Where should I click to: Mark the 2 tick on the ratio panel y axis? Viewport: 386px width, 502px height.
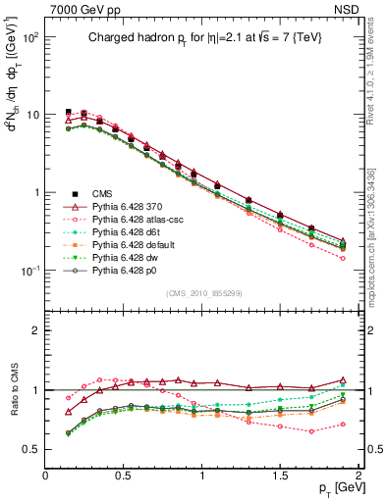click(x=35, y=330)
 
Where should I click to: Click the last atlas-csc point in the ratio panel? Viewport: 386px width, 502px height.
click(x=343, y=425)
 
